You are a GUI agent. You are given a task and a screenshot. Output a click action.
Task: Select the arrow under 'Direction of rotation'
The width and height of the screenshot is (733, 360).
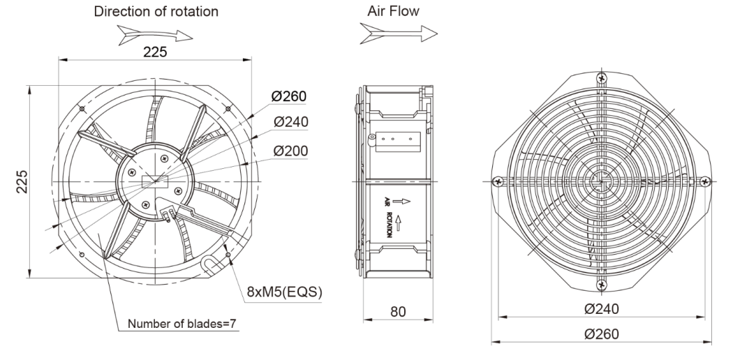coord(154,33)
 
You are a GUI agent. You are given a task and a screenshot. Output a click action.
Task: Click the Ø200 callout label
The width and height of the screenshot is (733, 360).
coord(291,151)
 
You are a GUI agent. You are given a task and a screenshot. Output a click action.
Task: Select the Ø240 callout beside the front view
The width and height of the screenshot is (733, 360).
coord(291,122)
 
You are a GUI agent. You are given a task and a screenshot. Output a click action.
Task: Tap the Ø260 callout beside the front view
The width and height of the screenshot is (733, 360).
coord(291,96)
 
